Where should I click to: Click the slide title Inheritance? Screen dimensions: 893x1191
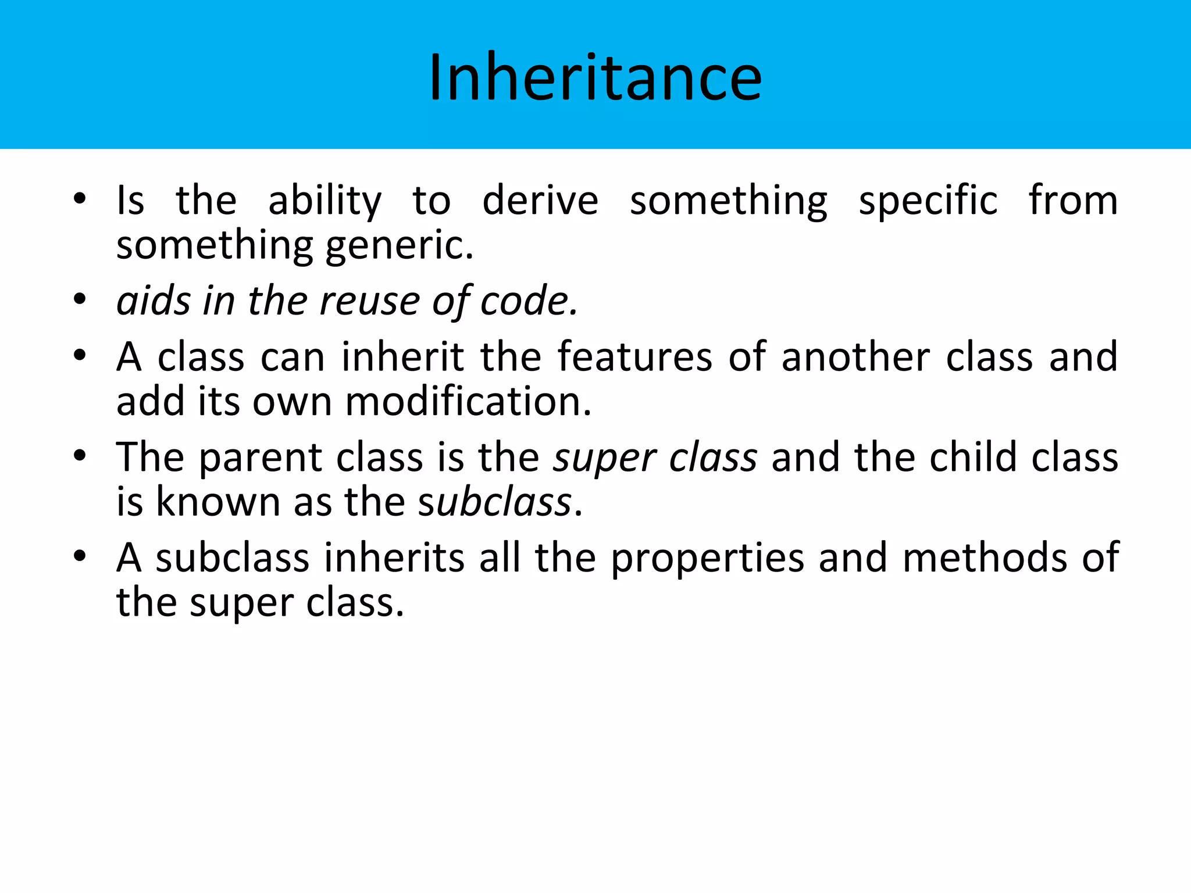595,77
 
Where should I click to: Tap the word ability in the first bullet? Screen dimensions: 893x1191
325,201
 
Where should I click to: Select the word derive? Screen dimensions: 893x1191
540,201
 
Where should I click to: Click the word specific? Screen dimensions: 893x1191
928,201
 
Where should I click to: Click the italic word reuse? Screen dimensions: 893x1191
369,301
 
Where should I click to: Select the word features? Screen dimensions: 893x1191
634,356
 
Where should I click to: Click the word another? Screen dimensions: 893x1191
855,356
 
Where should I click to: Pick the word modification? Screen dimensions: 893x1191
468,401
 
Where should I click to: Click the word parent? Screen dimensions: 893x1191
260,457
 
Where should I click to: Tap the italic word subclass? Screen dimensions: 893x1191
495,502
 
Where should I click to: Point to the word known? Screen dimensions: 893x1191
218,502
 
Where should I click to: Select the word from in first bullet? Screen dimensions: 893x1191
1073,201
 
